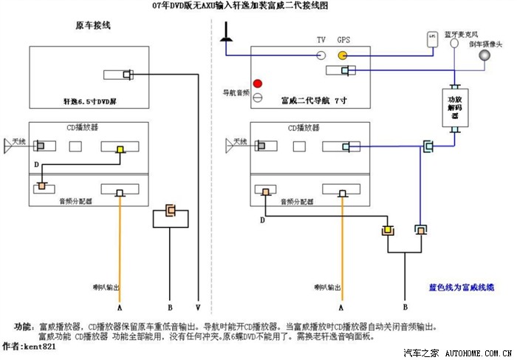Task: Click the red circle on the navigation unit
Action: coord(258,84)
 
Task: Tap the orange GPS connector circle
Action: coord(343,55)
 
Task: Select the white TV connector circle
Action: coord(321,55)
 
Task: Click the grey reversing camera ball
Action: coord(485,55)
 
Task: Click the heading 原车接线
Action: coord(93,27)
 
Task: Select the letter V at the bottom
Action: coord(198,306)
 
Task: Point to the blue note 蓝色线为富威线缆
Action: coord(462,286)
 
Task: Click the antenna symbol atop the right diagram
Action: coord(226,31)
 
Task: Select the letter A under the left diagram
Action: coord(120,306)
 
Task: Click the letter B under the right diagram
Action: coord(405,306)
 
